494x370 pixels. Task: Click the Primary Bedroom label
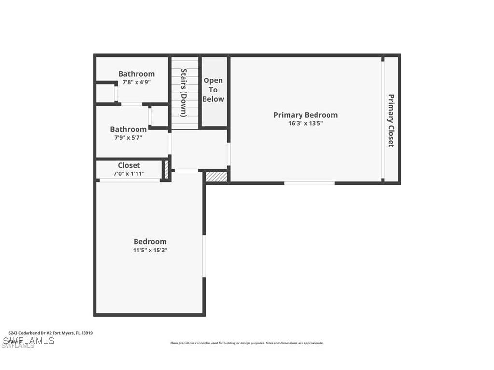(305, 115)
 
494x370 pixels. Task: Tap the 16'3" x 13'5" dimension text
(305, 123)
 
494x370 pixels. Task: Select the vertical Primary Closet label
(391, 120)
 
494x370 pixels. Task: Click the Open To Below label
(213, 90)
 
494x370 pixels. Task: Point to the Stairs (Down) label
(184, 92)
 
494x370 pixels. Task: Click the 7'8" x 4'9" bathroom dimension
(137, 82)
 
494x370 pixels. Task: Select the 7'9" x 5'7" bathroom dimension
(128, 137)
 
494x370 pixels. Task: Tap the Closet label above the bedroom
(129, 165)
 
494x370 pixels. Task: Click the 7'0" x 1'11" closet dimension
(129, 173)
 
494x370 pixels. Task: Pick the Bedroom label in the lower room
(150, 241)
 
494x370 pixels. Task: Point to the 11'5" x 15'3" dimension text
(150, 250)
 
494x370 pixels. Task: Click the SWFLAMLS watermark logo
(27, 341)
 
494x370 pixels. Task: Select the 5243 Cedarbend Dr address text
(50, 333)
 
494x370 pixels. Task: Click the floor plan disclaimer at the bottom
(247, 343)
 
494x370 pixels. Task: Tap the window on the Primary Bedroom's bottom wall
(309, 183)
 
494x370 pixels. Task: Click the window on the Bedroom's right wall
(204, 255)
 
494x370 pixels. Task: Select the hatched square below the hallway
(216, 176)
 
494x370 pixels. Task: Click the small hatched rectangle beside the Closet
(166, 170)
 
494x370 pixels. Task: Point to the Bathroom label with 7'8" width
(137, 74)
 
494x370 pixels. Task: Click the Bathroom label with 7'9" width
(128, 129)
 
